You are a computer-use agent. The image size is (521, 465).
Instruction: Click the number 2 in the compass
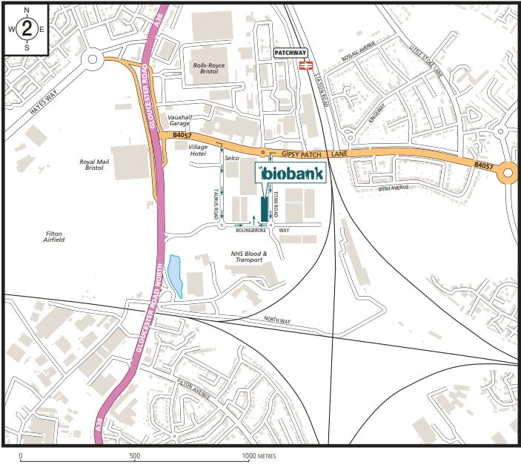(x=27, y=29)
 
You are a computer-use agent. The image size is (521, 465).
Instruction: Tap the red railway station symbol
(x=304, y=65)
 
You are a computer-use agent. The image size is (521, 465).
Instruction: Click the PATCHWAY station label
(x=289, y=53)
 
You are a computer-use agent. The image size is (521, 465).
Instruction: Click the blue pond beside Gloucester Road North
(x=176, y=275)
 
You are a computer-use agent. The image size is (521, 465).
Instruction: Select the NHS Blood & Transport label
(x=247, y=257)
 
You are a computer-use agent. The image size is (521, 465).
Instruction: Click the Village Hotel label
(x=198, y=151)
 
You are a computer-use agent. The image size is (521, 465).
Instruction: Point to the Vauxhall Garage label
(x=179, y=121)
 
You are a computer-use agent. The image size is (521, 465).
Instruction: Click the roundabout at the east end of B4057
(x=508, y=173)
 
